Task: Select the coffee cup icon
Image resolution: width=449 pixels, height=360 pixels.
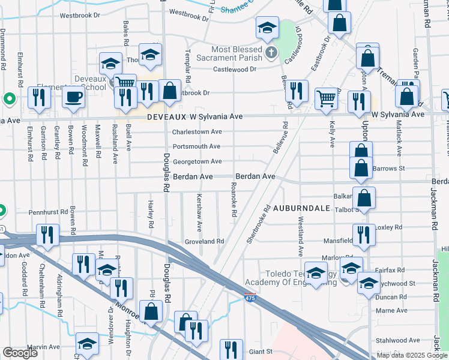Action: click(x=74, y=97)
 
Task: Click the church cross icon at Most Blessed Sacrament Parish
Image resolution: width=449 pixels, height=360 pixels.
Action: click(x=271, y=53)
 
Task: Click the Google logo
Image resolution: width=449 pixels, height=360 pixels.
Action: click(x=20, y=353)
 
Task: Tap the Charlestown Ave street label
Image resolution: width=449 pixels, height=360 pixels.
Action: click(x=197, y=132)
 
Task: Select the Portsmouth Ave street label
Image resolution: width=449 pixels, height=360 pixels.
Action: click(x=196, y=146)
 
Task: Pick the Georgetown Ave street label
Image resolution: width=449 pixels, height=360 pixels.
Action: click(x=197, y=161)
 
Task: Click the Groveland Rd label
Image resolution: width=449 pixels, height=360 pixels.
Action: click(x=204, y=241)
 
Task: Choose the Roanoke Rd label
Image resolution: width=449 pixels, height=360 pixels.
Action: click(x=232, y=200)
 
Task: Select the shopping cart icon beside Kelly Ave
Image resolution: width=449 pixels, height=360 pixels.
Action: click(x=326, y=98)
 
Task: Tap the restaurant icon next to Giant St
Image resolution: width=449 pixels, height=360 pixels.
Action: click(x=231, y=349)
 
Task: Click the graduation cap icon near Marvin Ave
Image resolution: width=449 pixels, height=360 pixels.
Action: click(x=87, y=344)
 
